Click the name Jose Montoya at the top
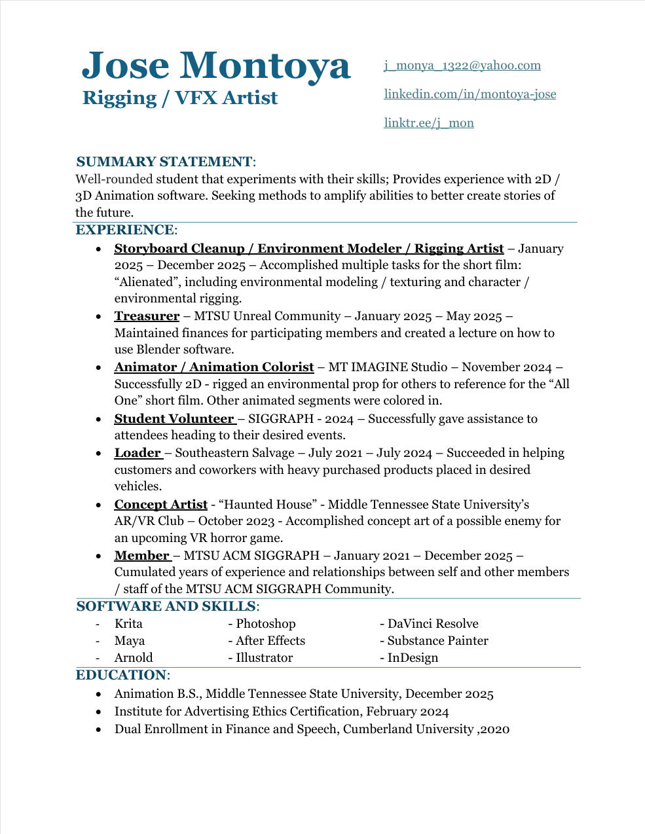point(215,65)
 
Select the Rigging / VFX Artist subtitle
point(180,98)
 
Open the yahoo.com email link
point(462,65)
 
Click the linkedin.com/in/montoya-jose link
point(470,94)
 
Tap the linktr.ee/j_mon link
point(428,123)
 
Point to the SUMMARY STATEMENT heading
point(164,162)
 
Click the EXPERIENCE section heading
point(124,230)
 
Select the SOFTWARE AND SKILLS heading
point(166,606)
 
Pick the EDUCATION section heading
point(121,675)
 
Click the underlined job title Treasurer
point(147,316)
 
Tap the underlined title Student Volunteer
point(174,419)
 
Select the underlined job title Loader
point(138,453)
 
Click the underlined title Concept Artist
point(160,505)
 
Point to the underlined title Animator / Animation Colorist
point(213,367)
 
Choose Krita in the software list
point(128,624)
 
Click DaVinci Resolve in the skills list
point(432,624)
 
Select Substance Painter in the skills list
point(437,641)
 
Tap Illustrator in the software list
point(264,658)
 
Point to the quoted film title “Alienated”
point(149,282)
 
